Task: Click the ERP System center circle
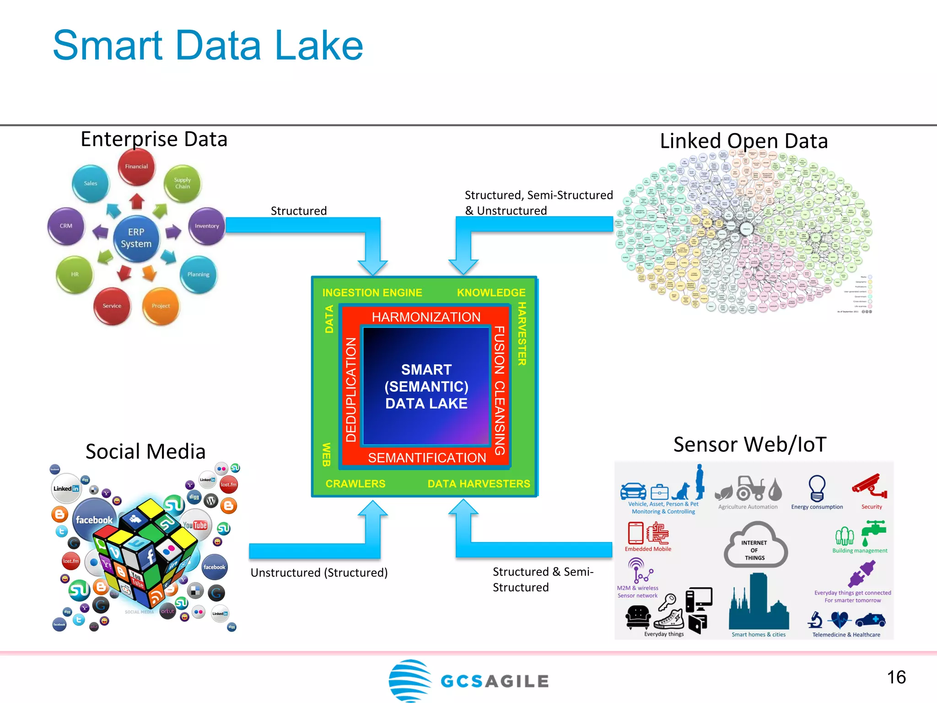[x=136, y=238]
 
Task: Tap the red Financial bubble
[x=136, y=167]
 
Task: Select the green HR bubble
[x=75, y=274]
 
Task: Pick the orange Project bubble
[x=161, y=306]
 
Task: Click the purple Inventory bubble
[x=206, y=226]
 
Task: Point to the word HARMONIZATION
[x=426, y=317]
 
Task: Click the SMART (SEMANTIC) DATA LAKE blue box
[x=426, y=387]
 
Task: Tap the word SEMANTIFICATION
[x=427, y=458]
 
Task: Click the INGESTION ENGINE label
[x=372, y=293]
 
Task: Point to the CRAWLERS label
[x=355, y=484]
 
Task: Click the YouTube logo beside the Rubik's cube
[x=195, y=525]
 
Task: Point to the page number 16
[x=896, y=677]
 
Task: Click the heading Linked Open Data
[x=743, y=141]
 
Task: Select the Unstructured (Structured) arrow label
[x=319, y=573]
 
